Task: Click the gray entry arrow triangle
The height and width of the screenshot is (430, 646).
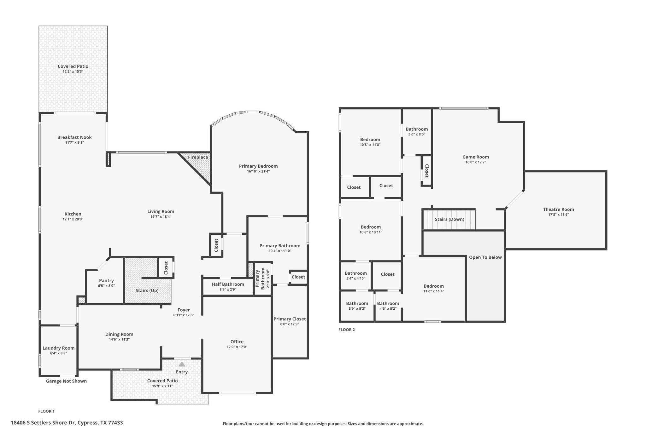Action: (x=182, y=364)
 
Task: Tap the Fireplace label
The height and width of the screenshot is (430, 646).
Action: (x=198, y=157)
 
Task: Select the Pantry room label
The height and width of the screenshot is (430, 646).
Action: (x=106, y=280)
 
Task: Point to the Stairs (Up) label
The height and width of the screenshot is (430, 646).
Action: (x=147, y=290)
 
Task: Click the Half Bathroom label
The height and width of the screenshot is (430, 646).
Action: (x=228, y=284)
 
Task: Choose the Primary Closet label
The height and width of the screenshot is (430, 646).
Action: (x=290, y=319)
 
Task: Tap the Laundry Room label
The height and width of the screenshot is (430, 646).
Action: (x=59, y=348)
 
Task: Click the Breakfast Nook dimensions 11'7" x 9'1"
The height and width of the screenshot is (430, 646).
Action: (x=74, y=142)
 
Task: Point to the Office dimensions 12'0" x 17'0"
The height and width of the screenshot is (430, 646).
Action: (x=237, y=347)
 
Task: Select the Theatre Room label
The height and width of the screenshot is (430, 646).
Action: (x=558, y=209)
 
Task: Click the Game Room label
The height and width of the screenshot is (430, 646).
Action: (x=476, y=157)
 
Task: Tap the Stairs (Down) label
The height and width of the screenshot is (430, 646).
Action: (x=449, y=219)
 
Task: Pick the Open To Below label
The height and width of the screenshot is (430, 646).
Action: (x=485, y=257)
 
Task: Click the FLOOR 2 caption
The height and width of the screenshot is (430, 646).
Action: (x=347, y=330)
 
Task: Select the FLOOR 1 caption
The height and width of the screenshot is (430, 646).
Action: (x=46, y=411)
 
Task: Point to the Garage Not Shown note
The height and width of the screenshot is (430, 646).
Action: (x=66, y=381)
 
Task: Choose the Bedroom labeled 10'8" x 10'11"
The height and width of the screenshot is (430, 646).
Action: (x=371, y=227)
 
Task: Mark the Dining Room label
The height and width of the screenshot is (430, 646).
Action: (x=119, y=334)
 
